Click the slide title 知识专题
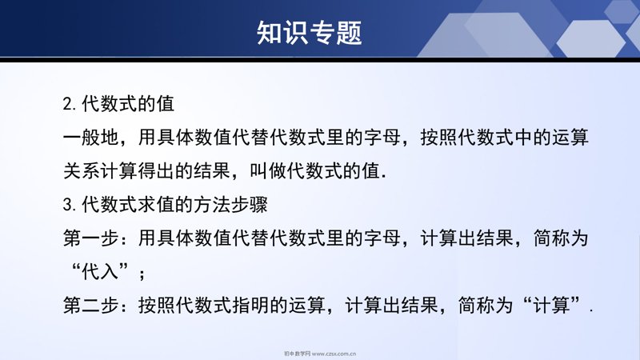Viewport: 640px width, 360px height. click(310, 33)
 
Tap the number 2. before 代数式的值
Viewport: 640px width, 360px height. click(70, 104)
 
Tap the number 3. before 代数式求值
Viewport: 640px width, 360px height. click(70, 205)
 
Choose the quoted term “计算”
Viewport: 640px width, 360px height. click(552, 306)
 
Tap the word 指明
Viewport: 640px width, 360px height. click(251, 306)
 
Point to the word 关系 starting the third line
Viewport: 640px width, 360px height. click(82, 171)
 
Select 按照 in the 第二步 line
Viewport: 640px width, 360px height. click(157, 306)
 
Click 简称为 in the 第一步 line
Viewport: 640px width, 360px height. click(561, 238)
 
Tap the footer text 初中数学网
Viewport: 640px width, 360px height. click(297, 354)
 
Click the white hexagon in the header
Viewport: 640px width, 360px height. click(590, 38)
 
